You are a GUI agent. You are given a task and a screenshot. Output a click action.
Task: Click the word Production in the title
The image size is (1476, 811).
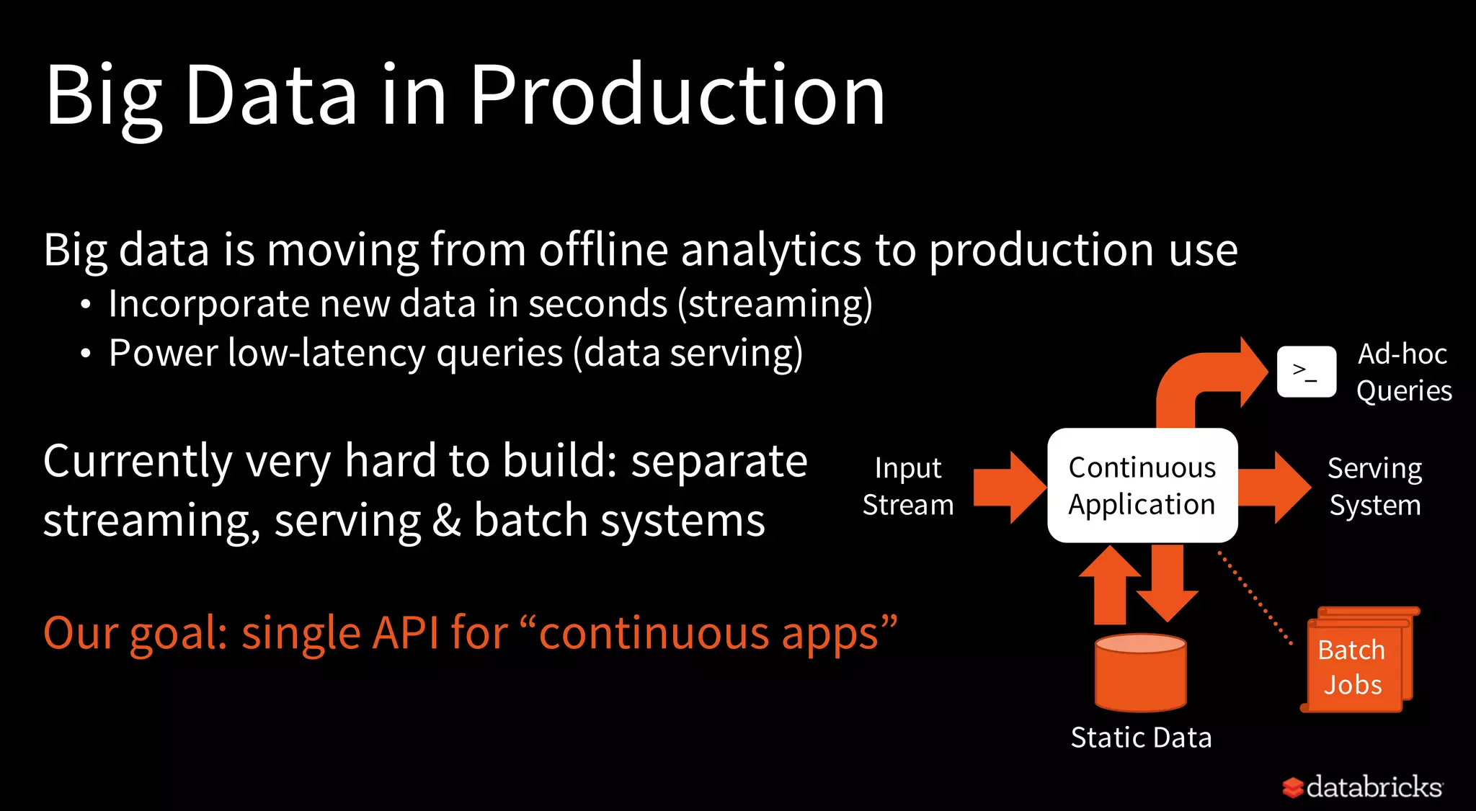click(x=677, y=96)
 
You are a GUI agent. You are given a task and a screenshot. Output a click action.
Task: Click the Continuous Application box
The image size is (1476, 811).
click(x=1142, y=485)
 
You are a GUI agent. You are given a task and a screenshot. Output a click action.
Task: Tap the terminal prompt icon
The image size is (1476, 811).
click(x=1306, y=372)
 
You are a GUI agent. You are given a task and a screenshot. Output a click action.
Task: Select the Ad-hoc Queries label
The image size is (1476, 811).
click(x=1403, y=372)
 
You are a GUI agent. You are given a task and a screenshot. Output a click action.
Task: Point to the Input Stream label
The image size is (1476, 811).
click(x=908, y=486)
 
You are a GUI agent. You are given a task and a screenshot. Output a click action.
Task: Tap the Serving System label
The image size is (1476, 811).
click(x=1374, y=487)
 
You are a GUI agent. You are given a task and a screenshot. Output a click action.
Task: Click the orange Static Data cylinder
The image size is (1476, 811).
click(x=1140, y=673)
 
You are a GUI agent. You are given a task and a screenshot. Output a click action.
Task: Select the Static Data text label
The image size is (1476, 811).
click(x=1141, y=738)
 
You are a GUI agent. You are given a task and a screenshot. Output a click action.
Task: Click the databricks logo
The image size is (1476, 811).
click(x=1362, y=787)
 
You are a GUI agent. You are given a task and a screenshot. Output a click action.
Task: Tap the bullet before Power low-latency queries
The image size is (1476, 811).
click(x=86, y=354)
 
